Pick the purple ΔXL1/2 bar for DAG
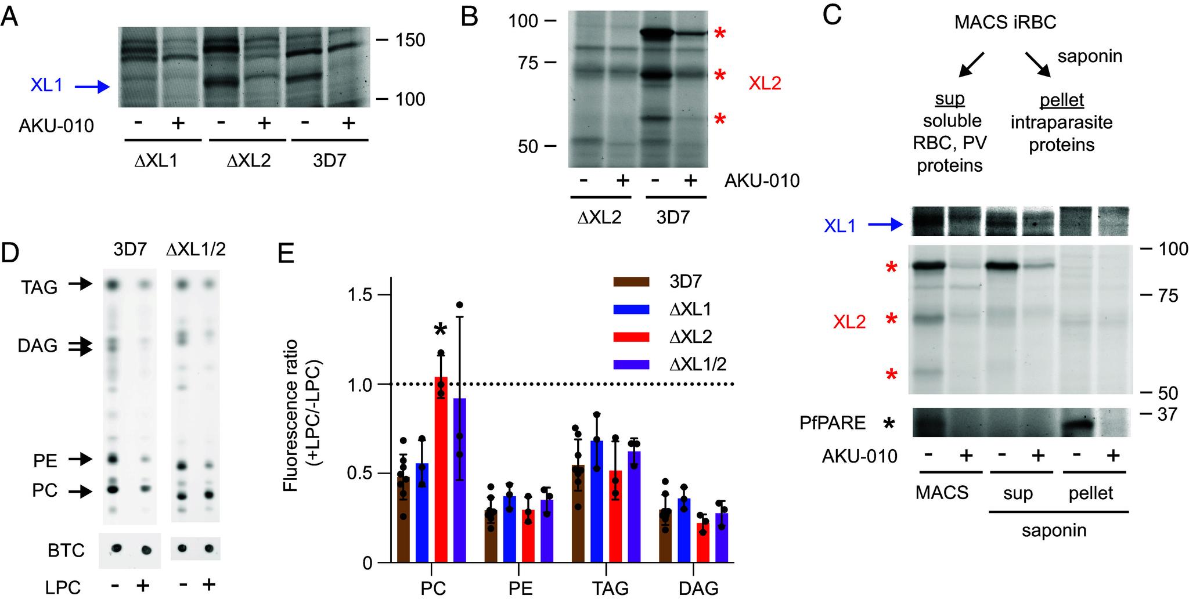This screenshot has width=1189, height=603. (x=722, y=537)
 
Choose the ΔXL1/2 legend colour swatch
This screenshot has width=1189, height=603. (x=634, y=364)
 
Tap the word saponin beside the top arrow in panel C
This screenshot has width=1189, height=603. (x=1089, y=56)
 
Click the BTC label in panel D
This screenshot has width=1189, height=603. (x=66, y=550)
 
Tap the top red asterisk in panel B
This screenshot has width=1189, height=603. (x=719, y=34)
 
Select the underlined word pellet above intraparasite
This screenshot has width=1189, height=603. (x=1061, y=100)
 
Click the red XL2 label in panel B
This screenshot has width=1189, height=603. (x=765, y=83)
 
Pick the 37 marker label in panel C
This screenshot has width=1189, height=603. (x=1165, y=414)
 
